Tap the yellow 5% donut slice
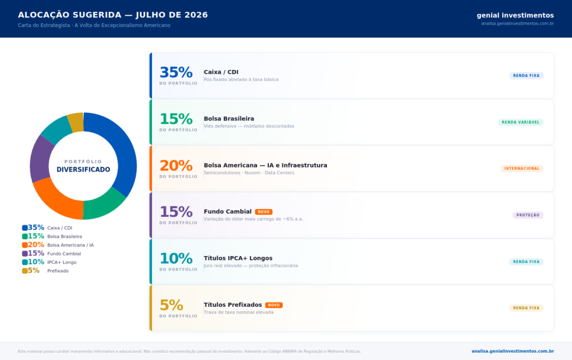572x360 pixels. click(x=76, y=122)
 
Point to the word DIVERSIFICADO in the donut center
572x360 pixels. click(x=83, y=169)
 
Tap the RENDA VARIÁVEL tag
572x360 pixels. click(x=521, y=122)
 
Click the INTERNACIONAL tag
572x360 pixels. click(x=522, y=168)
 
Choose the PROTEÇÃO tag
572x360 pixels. click(x=528, y=215)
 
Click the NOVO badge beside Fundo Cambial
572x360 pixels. click(x=264, y=212)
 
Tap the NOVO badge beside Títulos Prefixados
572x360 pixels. click(x=274, y=305)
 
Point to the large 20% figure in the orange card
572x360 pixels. click(x=176, y=165)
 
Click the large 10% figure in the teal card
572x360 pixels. click(x=176, y=258)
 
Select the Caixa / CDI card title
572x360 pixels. click(x=221, y=72)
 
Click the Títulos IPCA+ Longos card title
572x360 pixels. click(x=238, y=258)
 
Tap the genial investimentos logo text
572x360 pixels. click(x=515, y=15)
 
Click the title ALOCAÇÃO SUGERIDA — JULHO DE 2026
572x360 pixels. click(x=113, y=15)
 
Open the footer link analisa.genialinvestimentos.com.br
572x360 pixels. click(x=513, y=351)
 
